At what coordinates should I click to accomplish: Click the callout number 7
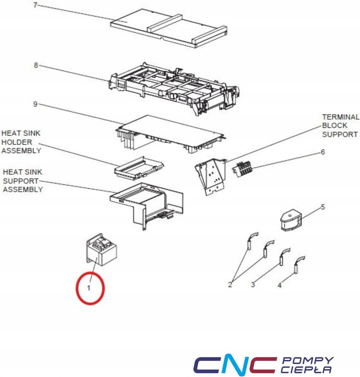(x=36, y=6)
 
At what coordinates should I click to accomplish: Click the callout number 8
(x=36, y=65)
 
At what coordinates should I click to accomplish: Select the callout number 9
(x=35, y=105)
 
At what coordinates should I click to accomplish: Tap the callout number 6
(x=323, y=152)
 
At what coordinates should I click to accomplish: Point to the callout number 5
(x=323, y=207)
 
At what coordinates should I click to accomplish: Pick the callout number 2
(x=230, y=285)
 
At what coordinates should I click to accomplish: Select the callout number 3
(x=253, y=285)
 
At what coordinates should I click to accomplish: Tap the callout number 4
(x=280, y=285)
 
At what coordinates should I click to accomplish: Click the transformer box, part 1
(x=101, y=251)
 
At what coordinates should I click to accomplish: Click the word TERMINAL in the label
(x=340, y=117)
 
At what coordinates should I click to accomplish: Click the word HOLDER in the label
(x=17, y=142)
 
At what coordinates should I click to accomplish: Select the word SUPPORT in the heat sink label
(x=21, y=181)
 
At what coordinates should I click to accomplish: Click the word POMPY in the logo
(x=307, y=360)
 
